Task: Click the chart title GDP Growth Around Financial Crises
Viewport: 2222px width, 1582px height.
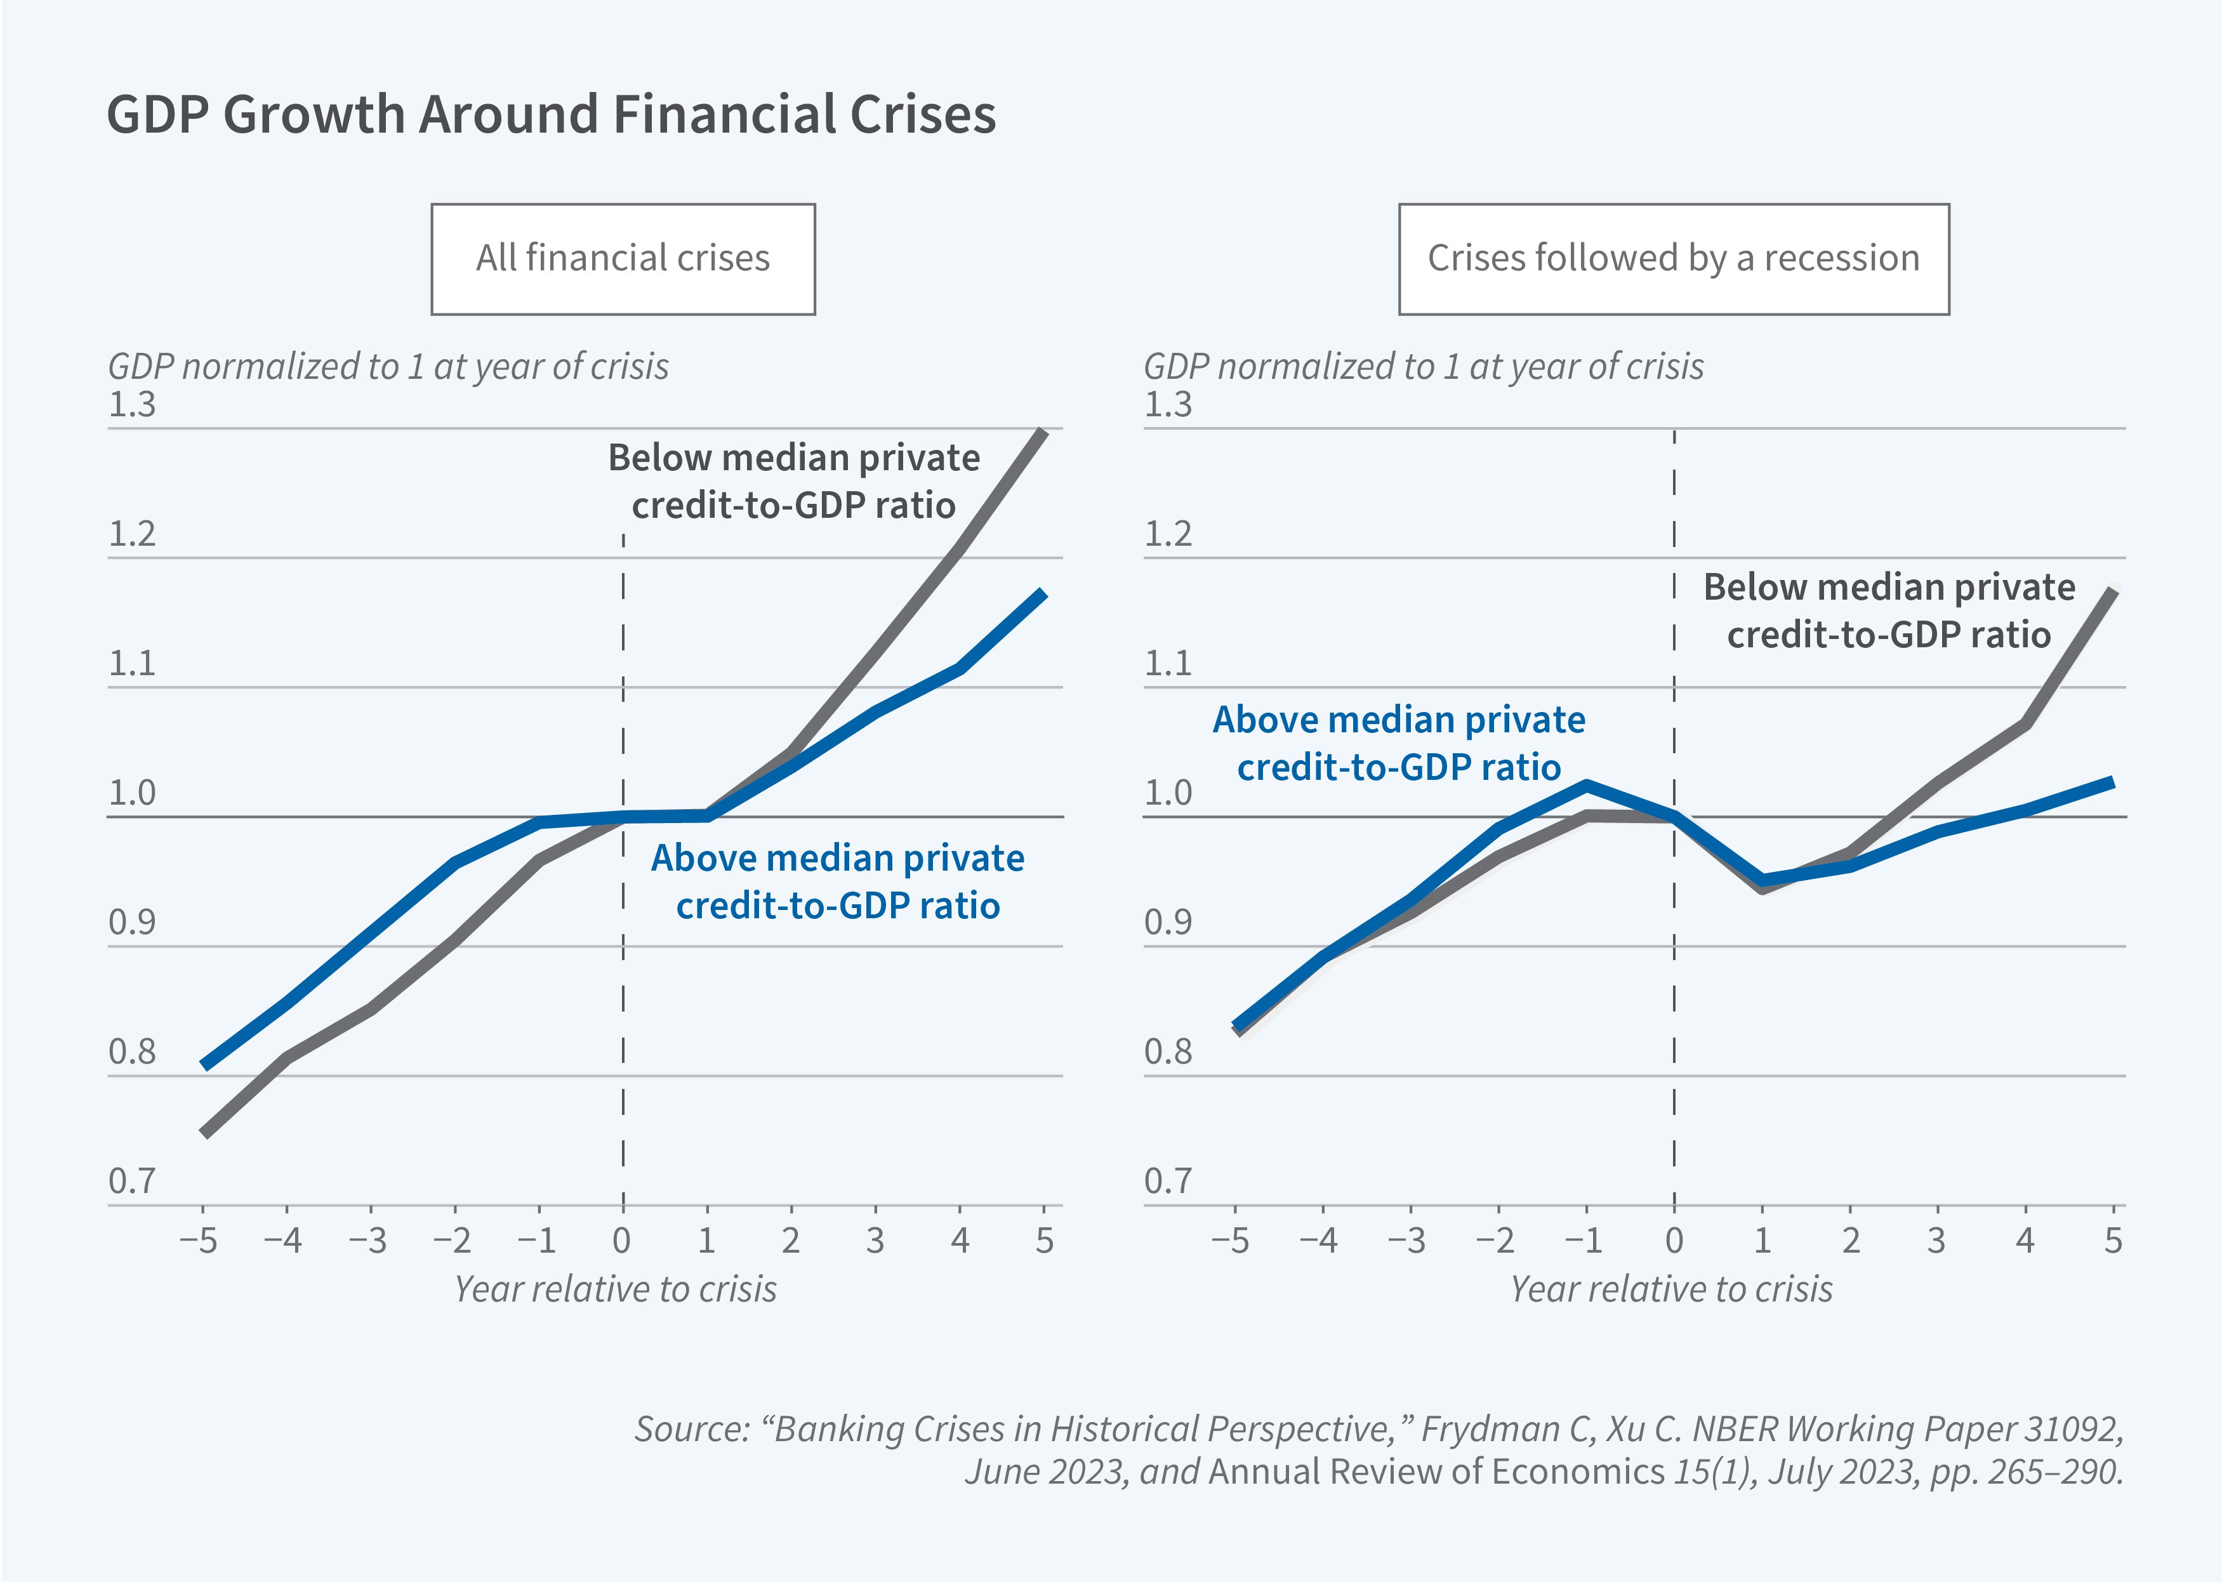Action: click(550, 114)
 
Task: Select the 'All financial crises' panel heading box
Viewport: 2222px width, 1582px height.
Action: click(623, 259)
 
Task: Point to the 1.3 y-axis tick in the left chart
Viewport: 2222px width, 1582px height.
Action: click(131, 404)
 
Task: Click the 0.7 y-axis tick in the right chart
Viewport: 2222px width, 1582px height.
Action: click(1167, 1182)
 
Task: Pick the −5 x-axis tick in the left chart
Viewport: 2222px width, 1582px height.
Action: click(199, 1241)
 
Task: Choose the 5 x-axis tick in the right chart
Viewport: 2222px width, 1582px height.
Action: click(2112, 1241)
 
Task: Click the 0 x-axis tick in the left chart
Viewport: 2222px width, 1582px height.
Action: click(621, 1241)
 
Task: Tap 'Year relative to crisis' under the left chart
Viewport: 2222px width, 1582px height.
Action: click(616, 1289)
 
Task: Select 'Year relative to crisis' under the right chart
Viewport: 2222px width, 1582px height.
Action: click(1670, 1289)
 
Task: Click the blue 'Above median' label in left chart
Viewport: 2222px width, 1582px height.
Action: click(838, 881)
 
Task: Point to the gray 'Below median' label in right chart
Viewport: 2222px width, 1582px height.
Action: click(1889, 611)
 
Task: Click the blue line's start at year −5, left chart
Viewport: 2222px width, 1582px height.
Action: click(204, 1065)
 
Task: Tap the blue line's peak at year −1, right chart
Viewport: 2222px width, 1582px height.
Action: click(1586, 784)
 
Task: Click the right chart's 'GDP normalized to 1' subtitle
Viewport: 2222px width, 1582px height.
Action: click(1423, 367)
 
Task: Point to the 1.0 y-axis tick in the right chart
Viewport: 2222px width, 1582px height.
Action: click(1167, 793)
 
